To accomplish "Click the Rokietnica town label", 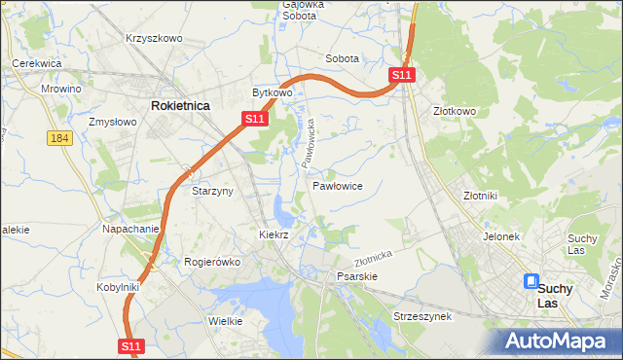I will [x=180, y=105].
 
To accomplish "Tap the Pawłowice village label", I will [x=338, y=185].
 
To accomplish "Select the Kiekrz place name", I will [x=275, y=235].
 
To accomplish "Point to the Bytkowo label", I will [x=273, y=93].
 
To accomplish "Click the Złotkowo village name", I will [x=454, y=111].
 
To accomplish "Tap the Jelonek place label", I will [x=501, y=236].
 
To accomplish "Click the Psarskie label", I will [x=356, y=276].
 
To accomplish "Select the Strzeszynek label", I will [x=421, y=317].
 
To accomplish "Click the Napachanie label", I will [x=130, y=230].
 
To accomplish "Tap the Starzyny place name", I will [x=212, y=192].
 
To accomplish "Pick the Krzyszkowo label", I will [x=154, y=38].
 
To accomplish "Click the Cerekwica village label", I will [x=37, y=63].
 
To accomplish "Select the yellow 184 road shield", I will [x=59, y=138].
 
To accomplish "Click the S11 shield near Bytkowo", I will [x=253, y=119].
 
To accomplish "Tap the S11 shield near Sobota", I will [x=403, y=75].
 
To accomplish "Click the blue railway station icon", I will [x=531, y=282].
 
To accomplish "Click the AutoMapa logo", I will [x=558, y=341].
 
